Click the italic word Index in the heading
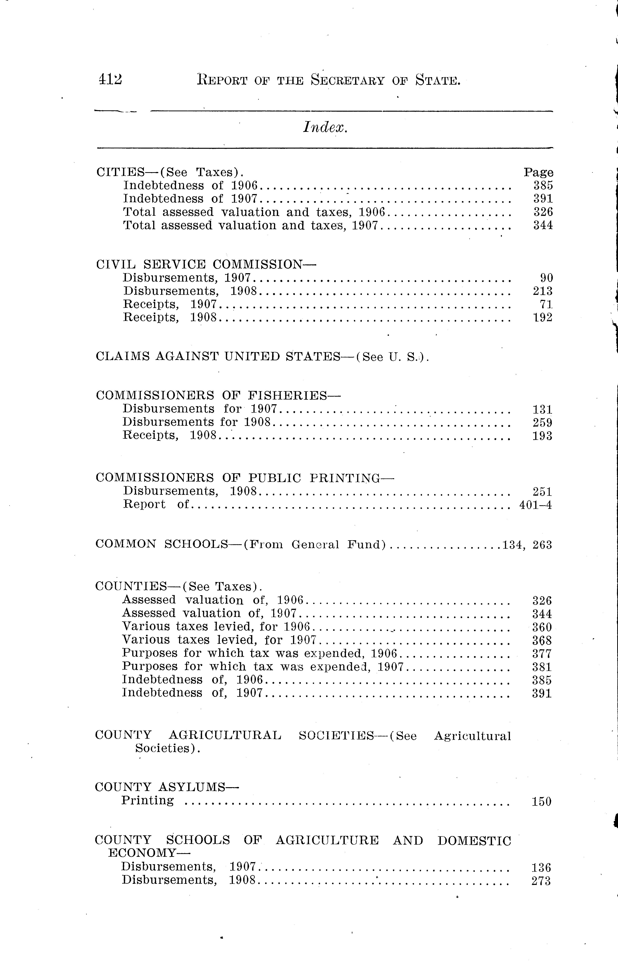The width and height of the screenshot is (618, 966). pos(325,128)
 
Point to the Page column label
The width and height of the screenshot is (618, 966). pos(538,173)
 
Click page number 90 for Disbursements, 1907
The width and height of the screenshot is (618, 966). pos(547,278)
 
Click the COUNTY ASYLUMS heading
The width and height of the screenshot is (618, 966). pos(166,787)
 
